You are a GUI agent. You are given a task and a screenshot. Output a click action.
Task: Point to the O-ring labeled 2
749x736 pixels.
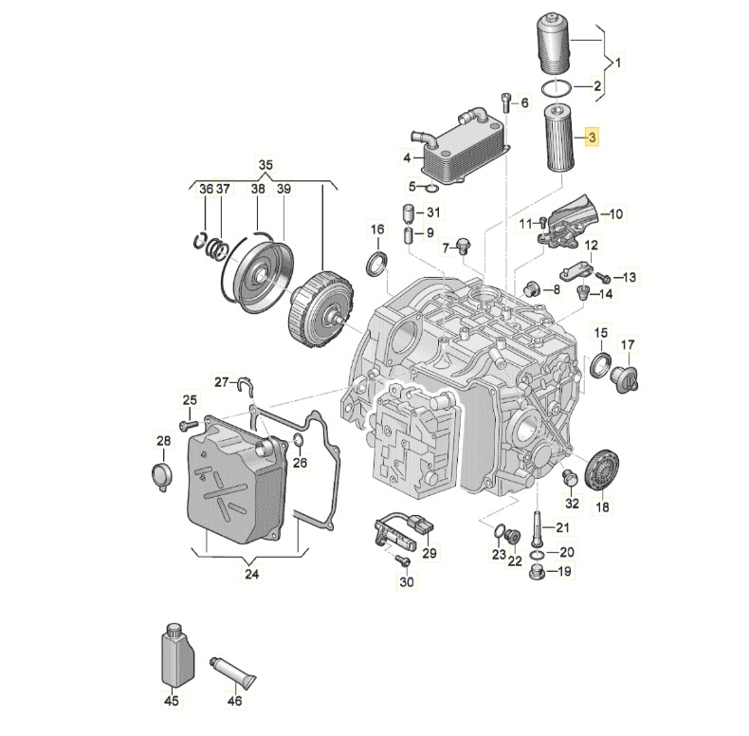click(557, 88)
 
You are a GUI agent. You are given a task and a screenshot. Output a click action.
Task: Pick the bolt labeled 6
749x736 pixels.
click(508, 101)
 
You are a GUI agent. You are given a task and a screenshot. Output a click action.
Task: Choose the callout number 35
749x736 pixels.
click(265, 166)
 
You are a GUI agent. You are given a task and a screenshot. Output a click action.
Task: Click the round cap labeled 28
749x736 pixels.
click(162, 477)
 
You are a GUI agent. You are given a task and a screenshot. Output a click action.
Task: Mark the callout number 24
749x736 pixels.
click(251, 572)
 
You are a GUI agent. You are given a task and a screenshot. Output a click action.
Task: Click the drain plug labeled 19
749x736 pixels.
click(537, 572)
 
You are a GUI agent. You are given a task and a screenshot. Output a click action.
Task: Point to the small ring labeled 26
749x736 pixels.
click(298, 439)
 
